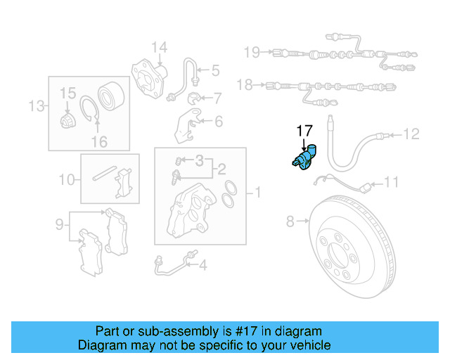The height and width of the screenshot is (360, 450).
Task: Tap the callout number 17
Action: point(304,130)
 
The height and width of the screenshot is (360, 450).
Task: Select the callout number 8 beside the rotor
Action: point(290,223)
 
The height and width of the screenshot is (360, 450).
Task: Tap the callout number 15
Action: point(67,93)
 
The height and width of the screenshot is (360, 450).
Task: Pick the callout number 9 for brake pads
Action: point(60,224)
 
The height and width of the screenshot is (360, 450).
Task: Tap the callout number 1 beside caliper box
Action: point(257,191)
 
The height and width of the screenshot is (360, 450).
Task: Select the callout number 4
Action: point(202,265)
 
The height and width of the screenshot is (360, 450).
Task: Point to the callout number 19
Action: point(252,51)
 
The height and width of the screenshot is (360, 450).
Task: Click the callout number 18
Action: point(245,85)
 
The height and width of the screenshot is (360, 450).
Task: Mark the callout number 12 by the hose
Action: point(411,133)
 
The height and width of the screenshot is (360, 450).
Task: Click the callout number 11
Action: point(391,183)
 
